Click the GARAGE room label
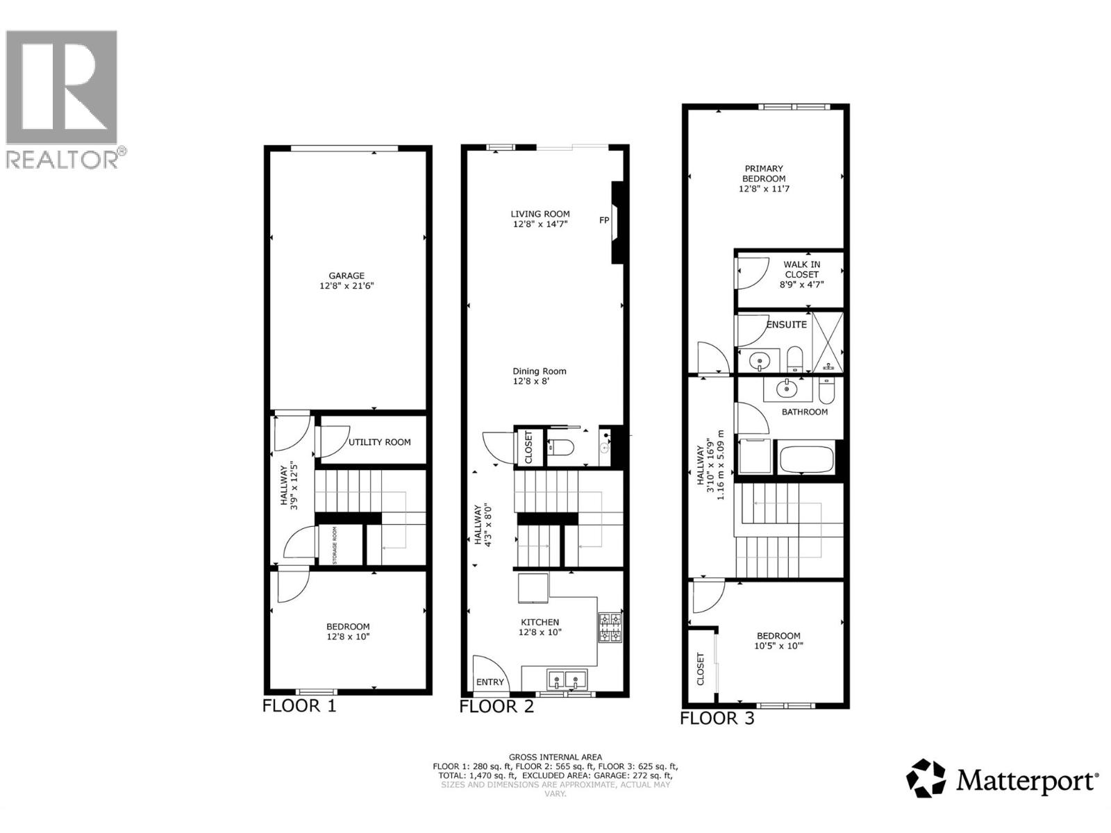click(346, 276)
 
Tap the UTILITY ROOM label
click(379, 442)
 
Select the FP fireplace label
click(604, 221)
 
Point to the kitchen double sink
click(566, 678)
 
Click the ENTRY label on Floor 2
click(490, 682)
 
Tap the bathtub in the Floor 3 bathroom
click(806, 460)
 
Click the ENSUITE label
click(786, 325)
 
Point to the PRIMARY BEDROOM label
click(764, 174)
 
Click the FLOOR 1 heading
click(299, 707)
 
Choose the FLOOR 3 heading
click(717, 718)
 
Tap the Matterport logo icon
click(926, 778)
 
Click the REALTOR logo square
click(61, 87)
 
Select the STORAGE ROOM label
click(335, 545)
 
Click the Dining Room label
click(540, 371)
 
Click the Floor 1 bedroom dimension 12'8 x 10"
click(348, 637)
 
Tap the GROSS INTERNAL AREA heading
click(555, 757)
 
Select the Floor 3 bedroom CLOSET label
click(700, 668)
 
